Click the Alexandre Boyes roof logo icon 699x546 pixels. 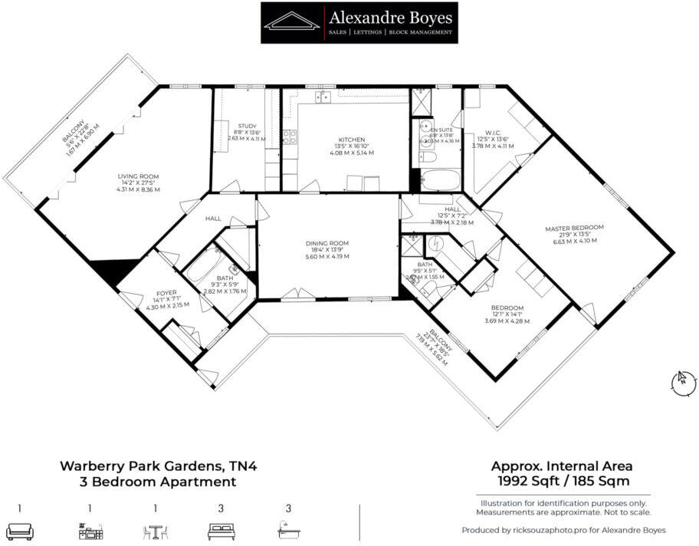(x=292, y=21)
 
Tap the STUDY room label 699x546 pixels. (x=247, y=127)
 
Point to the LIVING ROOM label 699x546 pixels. (x=138, y=176)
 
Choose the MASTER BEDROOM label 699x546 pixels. (x=574, y=228)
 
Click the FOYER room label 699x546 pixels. (x=166, y=293)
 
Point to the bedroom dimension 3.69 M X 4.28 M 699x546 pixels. (x=507, y=321)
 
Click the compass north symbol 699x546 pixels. (x=680, y=380)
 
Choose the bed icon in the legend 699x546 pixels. (x=221, y=530)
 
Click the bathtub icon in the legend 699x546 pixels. (x=289, y=530)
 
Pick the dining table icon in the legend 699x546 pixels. (x=156, y=530)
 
